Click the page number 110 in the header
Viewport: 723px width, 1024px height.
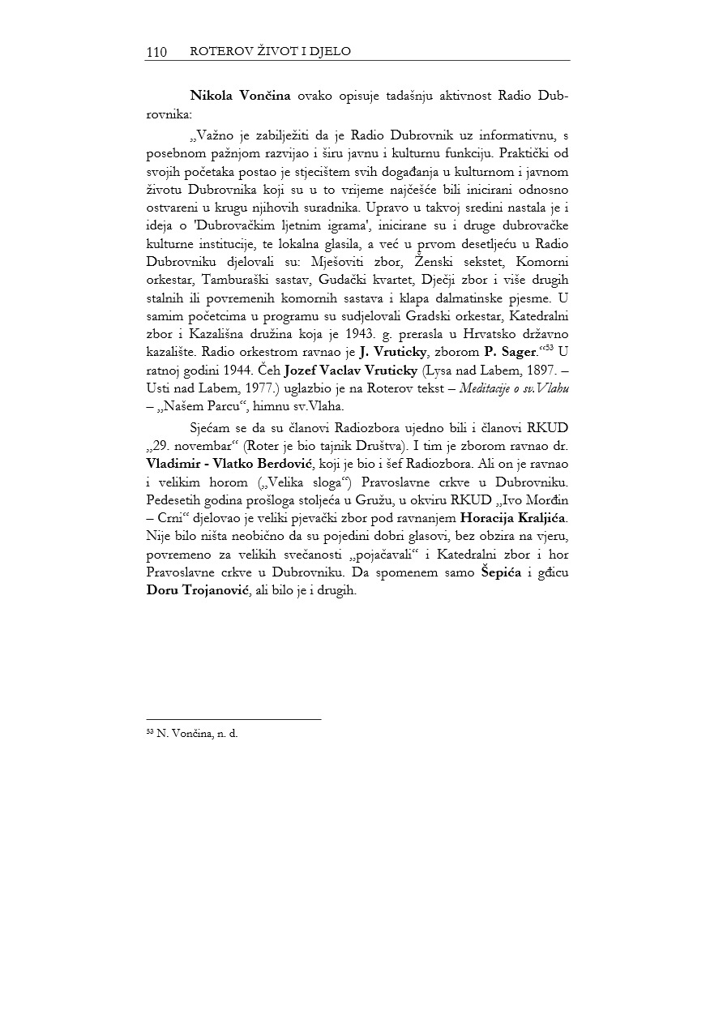[156, 52]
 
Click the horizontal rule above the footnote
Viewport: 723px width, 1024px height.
[233, 718]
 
